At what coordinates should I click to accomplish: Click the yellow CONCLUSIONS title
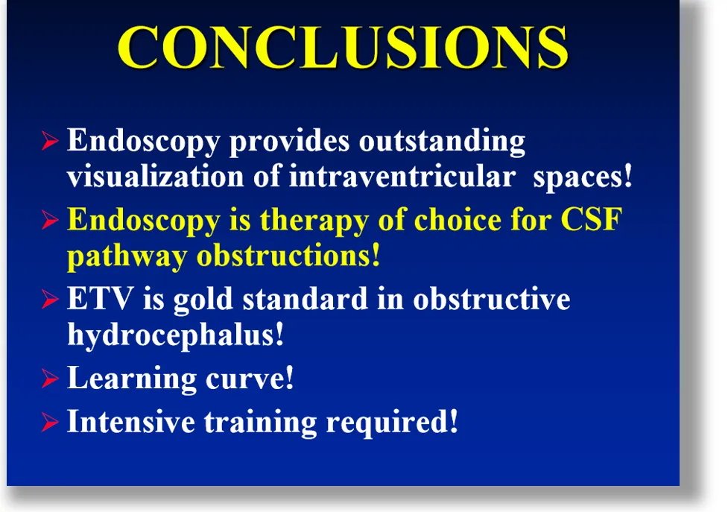coord(343,47)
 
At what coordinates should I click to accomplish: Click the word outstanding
coord(442,142)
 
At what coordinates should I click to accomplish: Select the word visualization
coord(156,176)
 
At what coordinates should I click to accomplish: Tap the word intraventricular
coord(402,176)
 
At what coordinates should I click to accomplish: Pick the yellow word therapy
coord(314,221)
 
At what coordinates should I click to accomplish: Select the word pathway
coord(127,256)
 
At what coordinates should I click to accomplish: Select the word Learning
coord(132,379)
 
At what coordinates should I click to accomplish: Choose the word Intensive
coord(131,422)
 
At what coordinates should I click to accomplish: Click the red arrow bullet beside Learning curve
coord(50,379)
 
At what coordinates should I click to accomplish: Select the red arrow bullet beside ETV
coord(50,300)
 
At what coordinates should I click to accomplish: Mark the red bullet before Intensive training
coord(50,423)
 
